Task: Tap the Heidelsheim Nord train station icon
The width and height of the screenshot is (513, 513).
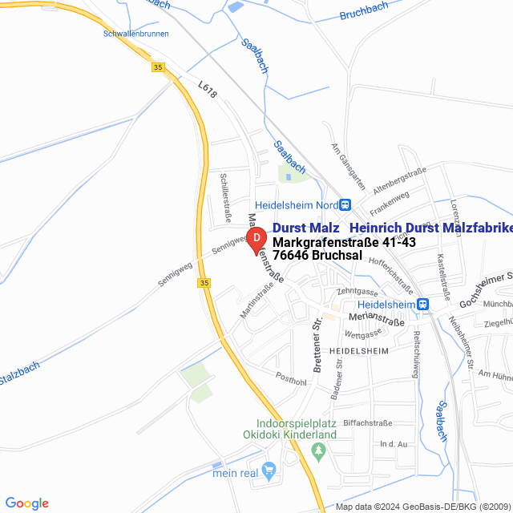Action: [x=345, y=204]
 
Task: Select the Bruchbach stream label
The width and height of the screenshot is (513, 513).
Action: [x=363, y=11]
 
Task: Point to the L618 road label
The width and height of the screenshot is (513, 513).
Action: [x=208, y=90]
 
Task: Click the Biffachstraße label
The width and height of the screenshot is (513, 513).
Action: [x=366, y=422]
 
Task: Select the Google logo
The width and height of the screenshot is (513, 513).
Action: [x=26, y=503]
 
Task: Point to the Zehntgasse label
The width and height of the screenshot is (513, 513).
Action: [x=357, y=291]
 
